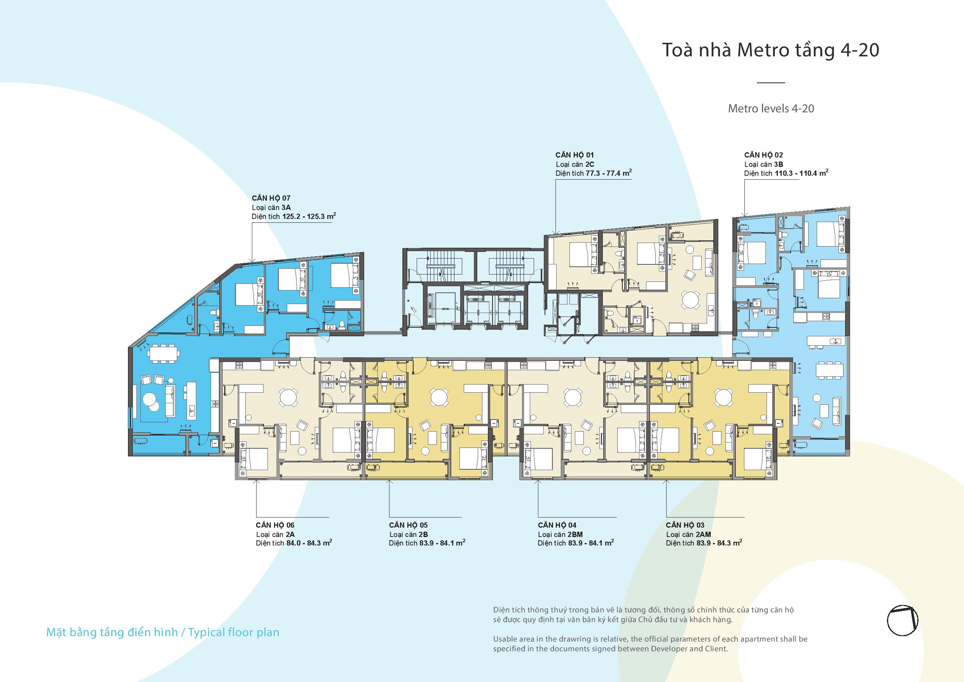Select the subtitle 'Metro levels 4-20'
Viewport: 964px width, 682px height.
771,108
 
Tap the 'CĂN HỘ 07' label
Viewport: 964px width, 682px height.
271,198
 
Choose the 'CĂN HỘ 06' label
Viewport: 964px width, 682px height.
275,525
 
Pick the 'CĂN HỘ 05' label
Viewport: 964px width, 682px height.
409,525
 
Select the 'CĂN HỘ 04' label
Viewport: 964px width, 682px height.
557,525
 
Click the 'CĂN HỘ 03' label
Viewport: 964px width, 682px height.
685,525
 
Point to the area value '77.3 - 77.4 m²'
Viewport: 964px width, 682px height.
609,173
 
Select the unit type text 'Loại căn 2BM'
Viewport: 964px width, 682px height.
561,534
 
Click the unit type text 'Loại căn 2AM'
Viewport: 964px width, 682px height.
688,534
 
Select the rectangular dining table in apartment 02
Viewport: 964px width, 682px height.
829,370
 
